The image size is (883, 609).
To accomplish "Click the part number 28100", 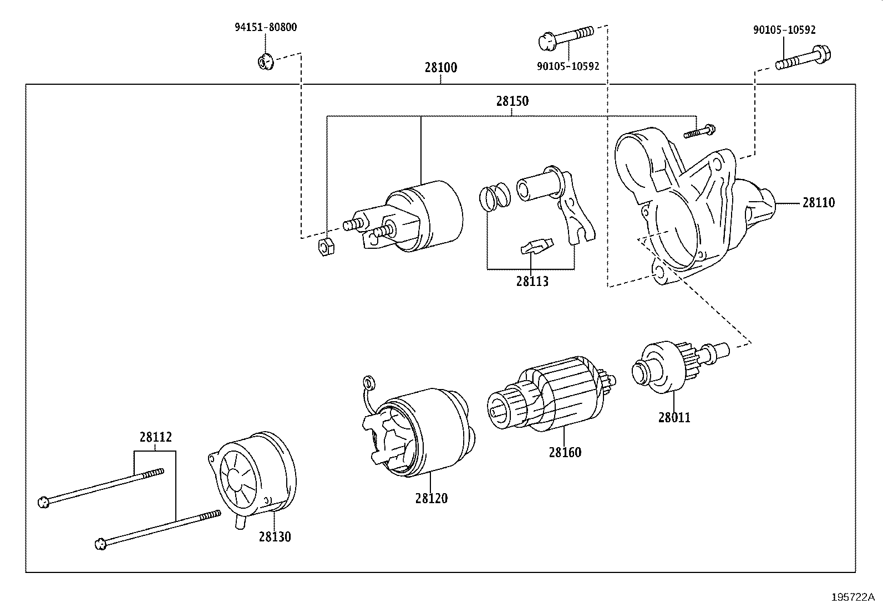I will point(441,68).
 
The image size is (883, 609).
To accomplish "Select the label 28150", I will point(512,101).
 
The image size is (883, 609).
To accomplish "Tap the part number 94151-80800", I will point(265,27).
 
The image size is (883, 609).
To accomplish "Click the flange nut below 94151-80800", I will point(265,61).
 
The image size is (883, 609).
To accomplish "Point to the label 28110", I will point(818,203).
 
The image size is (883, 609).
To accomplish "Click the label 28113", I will point(532,282).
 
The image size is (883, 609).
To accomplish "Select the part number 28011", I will point(674,418).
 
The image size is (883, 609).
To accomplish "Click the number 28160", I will point(565,453).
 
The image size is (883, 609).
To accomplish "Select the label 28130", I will point(275,537).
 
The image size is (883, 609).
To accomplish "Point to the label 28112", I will point(155,437).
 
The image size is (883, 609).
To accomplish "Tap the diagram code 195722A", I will point(852,597).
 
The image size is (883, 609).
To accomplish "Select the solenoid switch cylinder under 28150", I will point(424,216).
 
